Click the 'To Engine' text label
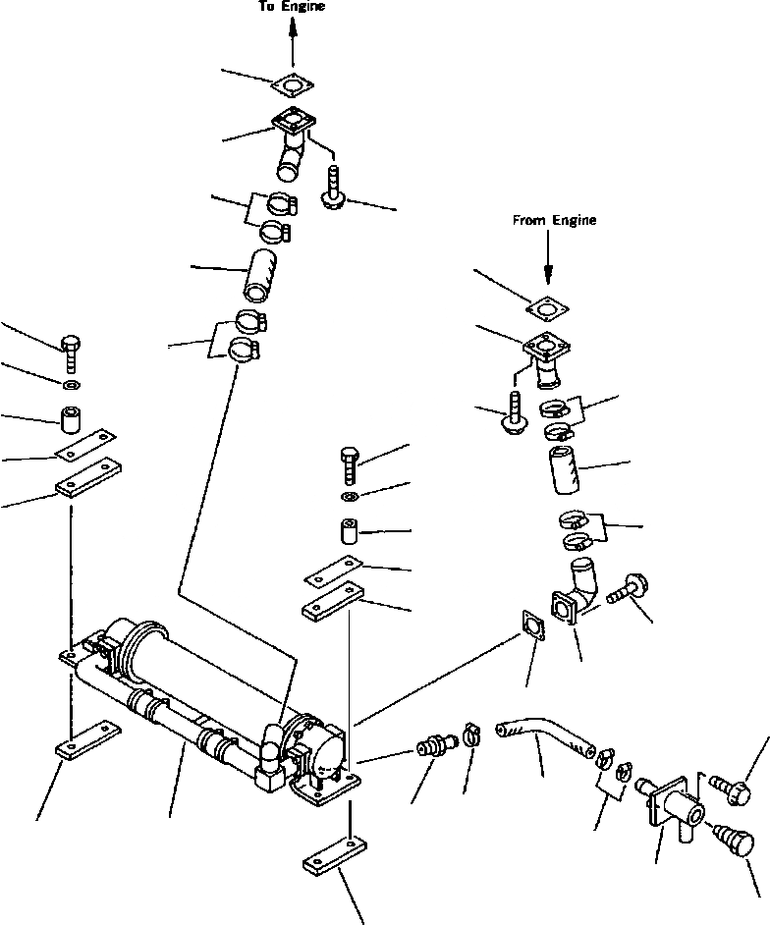pos(292,7)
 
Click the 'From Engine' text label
pos(554,221)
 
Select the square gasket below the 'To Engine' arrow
pos(293,85)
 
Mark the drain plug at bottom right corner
pos(736,843)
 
